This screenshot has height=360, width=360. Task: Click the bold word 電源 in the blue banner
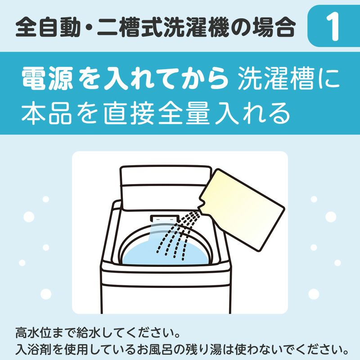click(x=47, y=80)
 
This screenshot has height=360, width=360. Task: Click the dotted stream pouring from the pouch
click(x=178, y=234)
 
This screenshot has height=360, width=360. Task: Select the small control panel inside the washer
click(x=162, y=217)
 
